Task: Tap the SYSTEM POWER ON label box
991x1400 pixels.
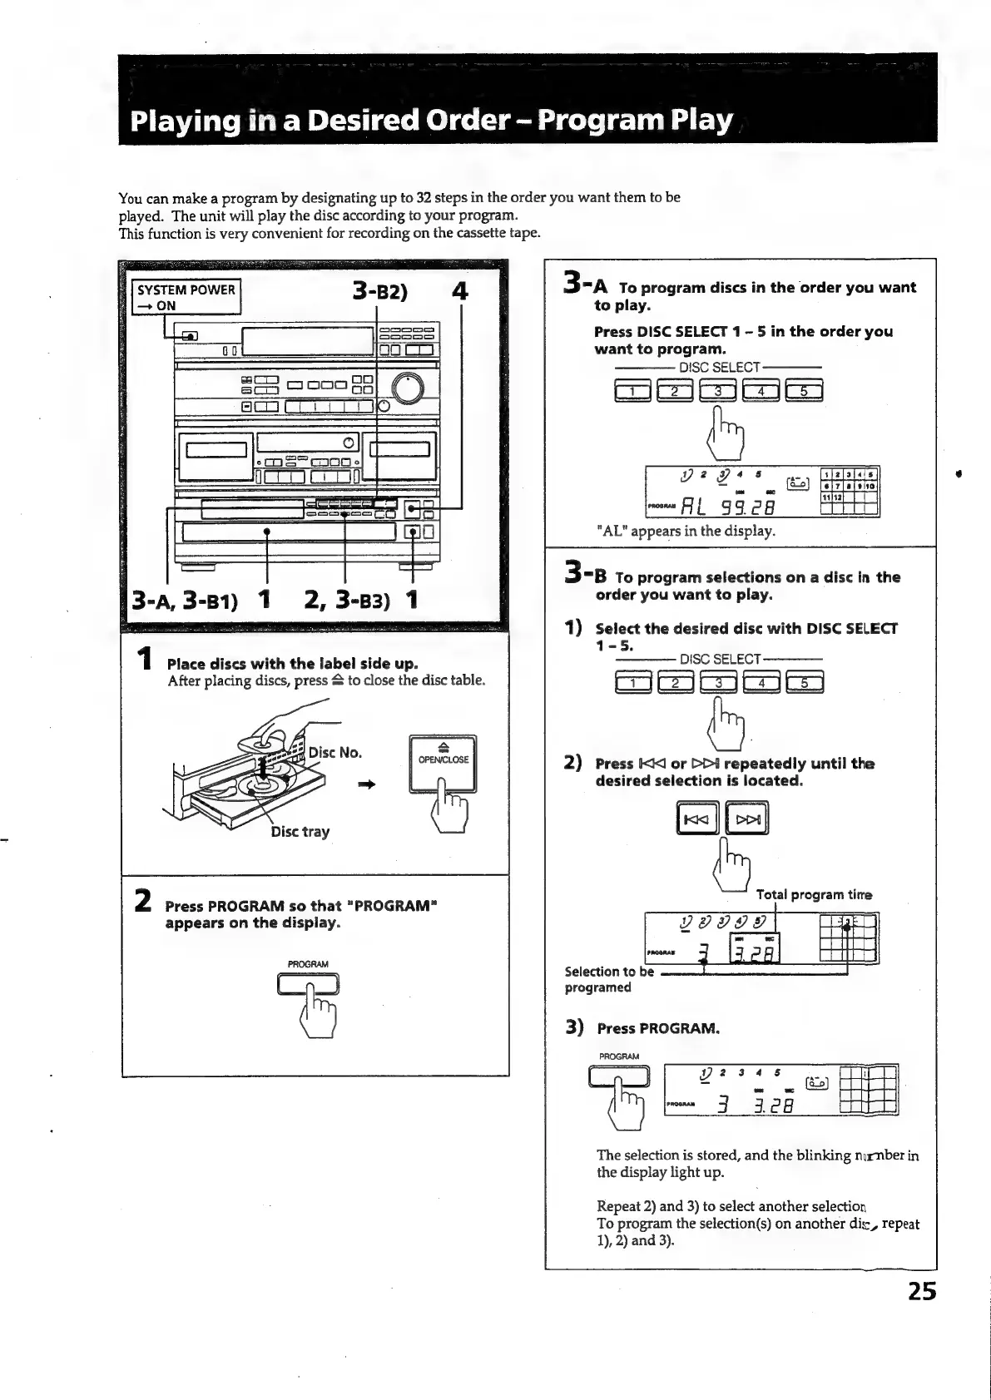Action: tap(187, 297)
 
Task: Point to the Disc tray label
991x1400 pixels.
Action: tap(300, 832)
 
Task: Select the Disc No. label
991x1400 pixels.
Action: tap(335, 753)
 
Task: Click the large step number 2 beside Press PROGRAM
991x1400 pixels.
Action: tap(142, 902)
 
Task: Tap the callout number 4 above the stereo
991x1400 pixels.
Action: tap(458, 292)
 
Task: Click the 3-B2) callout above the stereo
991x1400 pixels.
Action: tap(379, 292)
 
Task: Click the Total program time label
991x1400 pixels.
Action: tap(814, 895)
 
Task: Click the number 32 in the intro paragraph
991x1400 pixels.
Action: tap(424, 198)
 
